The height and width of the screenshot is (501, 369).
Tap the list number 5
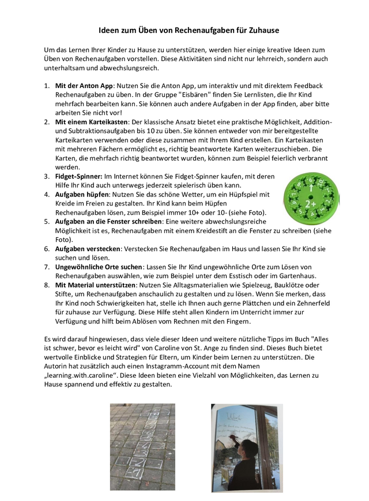point(47,221)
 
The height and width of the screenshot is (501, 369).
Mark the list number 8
point(47,284)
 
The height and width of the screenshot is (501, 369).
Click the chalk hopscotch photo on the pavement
point(142,446)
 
